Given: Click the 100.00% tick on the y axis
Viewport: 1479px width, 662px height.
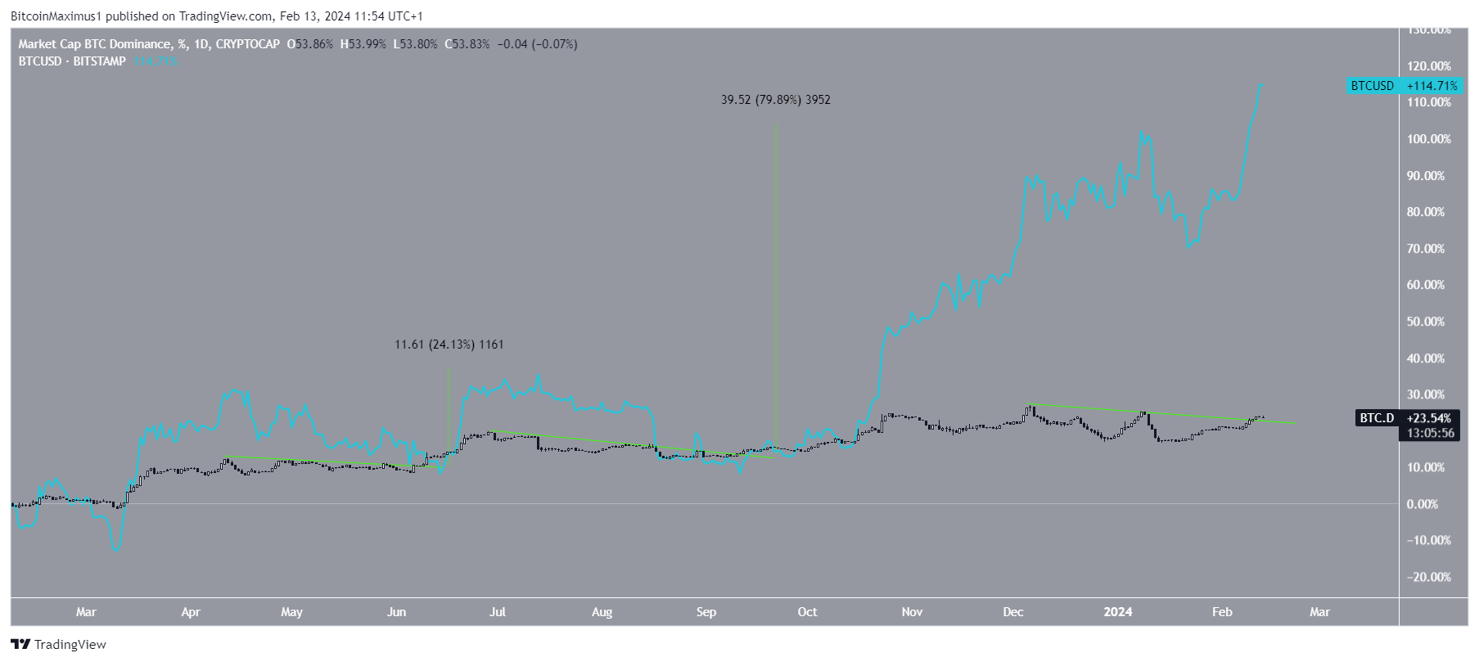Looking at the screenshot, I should [x=1428, y=139].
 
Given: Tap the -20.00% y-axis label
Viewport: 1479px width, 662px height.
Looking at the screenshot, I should [x=1428, y=577].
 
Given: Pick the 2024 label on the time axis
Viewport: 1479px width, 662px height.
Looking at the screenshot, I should [x=1118, y=612].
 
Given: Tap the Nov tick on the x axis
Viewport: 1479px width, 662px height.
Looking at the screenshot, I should [x=912, y=612].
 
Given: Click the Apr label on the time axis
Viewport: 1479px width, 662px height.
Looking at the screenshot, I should [x=191, y=612].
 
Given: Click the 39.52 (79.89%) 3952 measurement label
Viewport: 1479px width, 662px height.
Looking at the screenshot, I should [x=775, y=100].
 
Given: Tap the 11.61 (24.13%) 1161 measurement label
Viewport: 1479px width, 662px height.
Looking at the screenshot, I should [x=449, y=345].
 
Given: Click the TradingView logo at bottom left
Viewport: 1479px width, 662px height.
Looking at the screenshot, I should [x=58, y=645].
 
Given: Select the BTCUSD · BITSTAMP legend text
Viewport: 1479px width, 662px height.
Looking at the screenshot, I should [x=72, y=61].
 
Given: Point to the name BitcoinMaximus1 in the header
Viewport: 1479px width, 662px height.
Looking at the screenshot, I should [x=55, y=16].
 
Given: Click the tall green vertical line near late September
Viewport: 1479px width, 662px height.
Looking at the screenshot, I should [x=777, y=286].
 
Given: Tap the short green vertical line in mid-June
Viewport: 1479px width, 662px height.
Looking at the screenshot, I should [x=449, y=409].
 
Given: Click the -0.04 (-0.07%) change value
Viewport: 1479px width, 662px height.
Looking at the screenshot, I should [x=536, y=44].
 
